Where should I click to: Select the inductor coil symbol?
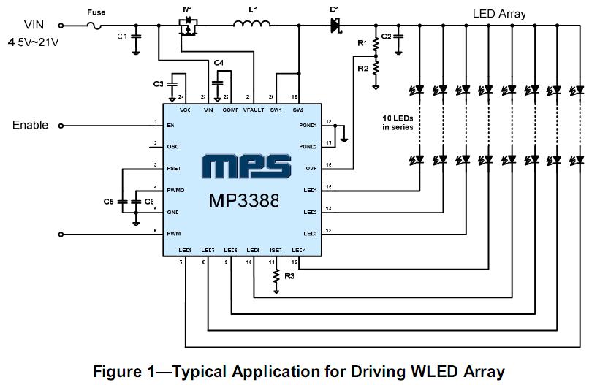point(251,26)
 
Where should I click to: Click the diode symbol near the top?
point(335,26)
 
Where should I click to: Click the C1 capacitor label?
point(121,36)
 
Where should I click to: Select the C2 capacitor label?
point(387,36)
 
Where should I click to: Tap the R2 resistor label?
point(362,68)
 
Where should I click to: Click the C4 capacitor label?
point(219,63)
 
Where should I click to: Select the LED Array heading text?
point(499,13)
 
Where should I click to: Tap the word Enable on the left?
point(30,125)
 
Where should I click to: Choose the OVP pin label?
point(310,167)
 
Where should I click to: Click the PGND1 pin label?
point(307,125)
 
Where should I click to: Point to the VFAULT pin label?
point(254,110)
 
